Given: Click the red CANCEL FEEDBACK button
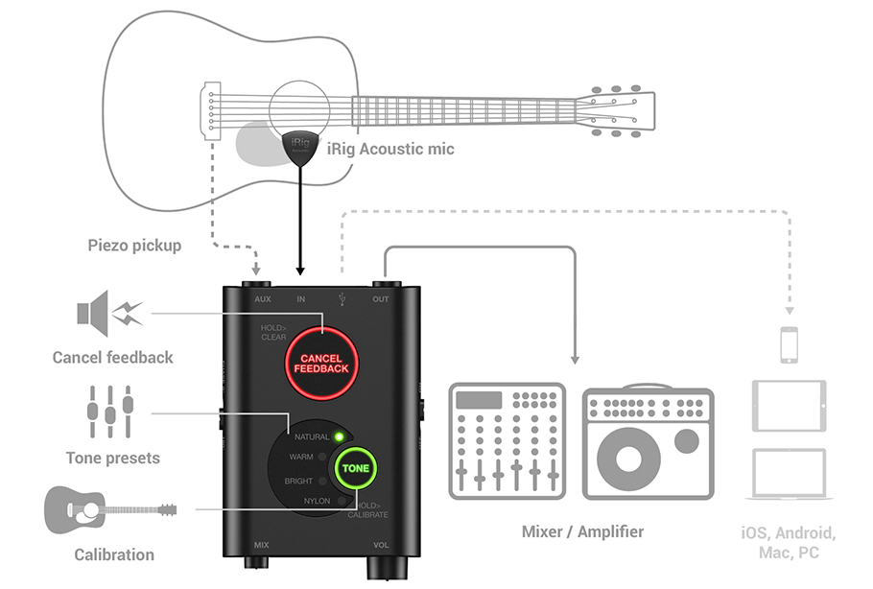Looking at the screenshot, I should click(x=321, y=364).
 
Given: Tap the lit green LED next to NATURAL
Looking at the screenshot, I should click(x=339, y=436).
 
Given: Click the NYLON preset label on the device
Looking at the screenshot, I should click(x=317, y=501).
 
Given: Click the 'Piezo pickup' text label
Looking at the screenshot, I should click(x=133, y=246).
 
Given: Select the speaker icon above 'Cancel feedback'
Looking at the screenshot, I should click(x=108, y=313).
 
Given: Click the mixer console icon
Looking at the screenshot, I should click(x=507, y=440).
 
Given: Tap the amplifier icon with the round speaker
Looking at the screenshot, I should click(x=649, y=442).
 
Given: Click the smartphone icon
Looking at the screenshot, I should click(x=789, y=344).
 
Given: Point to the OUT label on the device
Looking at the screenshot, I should click(x=381, y=299).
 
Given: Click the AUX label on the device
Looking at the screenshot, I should click(x=263, y=299).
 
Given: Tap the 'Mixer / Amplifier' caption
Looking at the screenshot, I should click(x=582, y=531).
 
